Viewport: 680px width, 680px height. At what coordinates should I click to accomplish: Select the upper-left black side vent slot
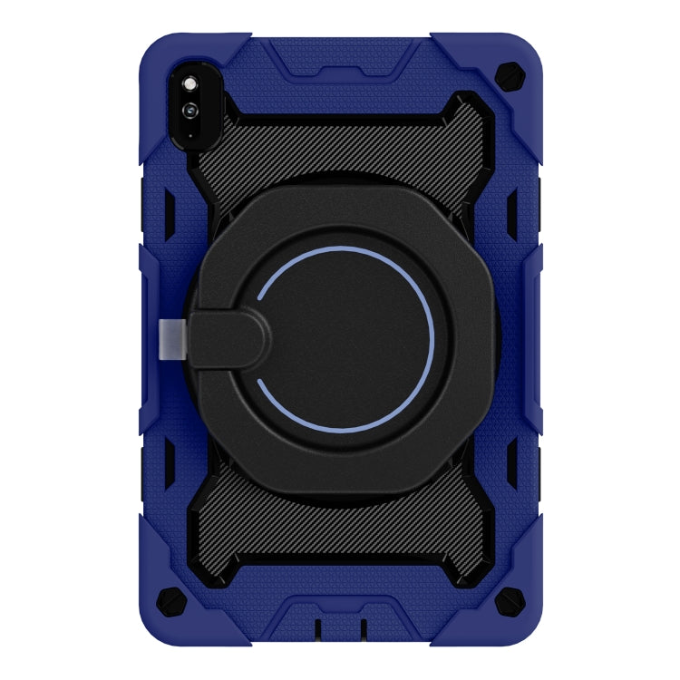(x=169, y=212)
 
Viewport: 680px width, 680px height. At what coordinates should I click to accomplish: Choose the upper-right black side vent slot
(x=511, y=212)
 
